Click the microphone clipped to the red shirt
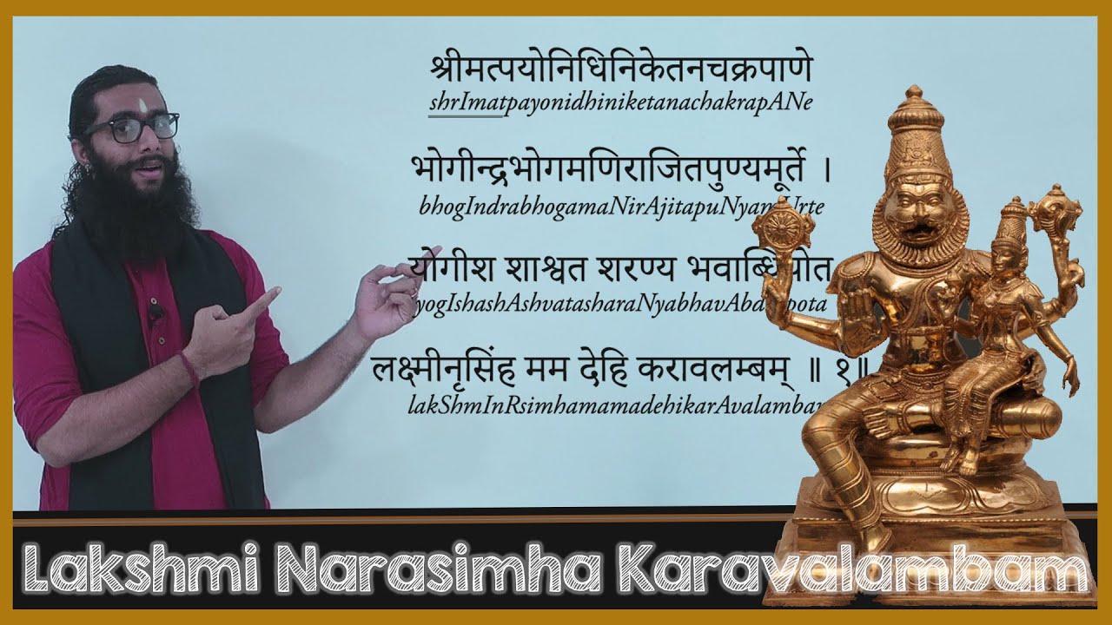click(155, 312)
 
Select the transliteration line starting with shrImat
click(620, 102)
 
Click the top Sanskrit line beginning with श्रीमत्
click(620, 67)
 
